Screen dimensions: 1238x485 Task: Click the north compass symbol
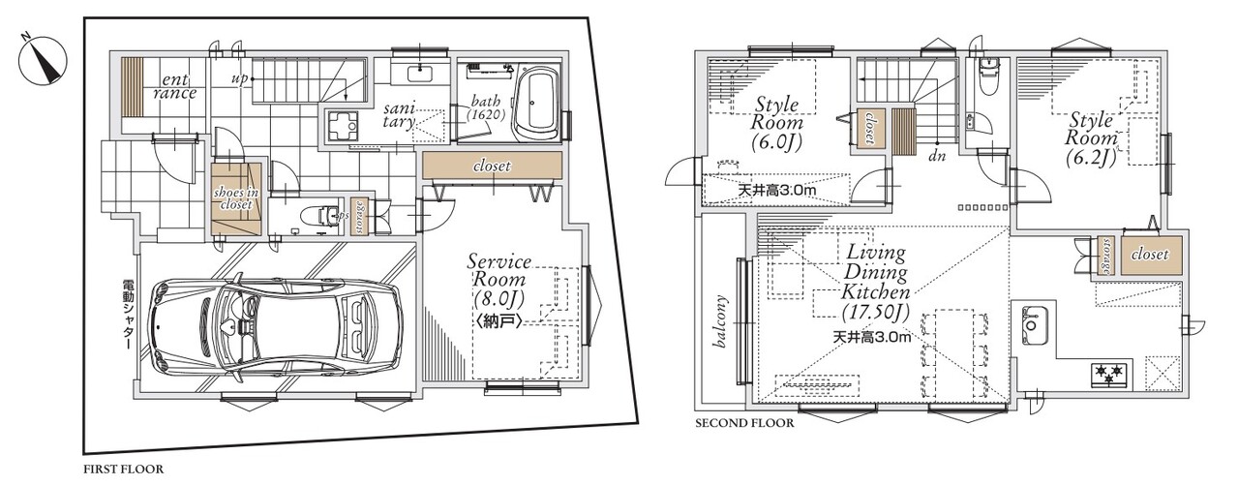[43, 60]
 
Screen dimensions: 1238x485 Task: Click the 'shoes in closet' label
[236, 198]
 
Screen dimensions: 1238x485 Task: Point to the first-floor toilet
[320, 215]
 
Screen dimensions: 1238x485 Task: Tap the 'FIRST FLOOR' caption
[124, 470]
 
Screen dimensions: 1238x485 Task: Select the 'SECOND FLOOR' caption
[744, 423]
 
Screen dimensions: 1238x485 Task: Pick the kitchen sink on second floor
[1033, 325]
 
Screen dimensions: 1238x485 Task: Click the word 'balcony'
[720, 321]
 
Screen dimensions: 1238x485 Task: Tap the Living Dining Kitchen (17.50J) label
[875, 282]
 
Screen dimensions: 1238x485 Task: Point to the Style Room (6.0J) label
[776, 122]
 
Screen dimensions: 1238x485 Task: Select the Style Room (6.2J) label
[1092, 138]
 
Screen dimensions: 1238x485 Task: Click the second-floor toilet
[987, 78]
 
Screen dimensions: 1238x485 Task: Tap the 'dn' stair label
[937, 157]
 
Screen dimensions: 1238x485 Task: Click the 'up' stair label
[239, 79]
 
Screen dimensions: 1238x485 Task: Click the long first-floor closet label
[492, 166]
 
